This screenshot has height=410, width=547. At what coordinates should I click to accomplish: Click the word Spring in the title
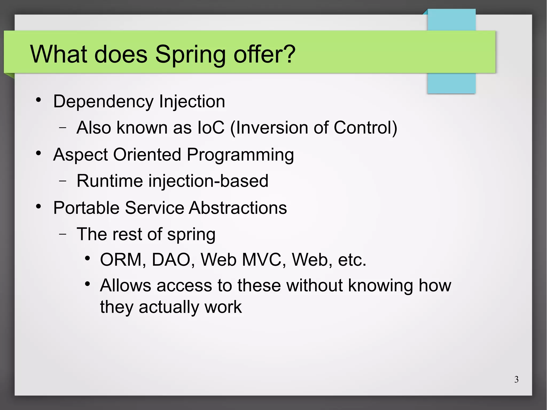click(x=190, y=55)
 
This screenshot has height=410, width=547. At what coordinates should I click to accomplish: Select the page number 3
click(x=516, y=379)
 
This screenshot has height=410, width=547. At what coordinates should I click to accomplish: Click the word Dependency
click(x=103, y=102)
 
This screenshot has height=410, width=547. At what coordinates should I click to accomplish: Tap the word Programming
click(x=240, y=155)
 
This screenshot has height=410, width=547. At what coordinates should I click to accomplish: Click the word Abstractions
click(x=238, y=208)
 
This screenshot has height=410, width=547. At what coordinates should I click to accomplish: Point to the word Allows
click(x=126, y=285)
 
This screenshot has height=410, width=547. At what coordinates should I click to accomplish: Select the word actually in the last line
click(x=169, y=307)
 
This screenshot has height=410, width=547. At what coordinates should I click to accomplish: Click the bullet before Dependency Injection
click(x=38, y=100)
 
